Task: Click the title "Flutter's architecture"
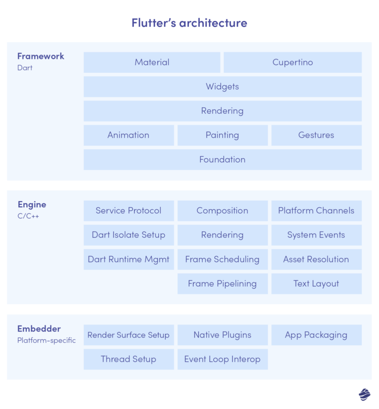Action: click(189, 23)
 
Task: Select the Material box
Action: click(152, 63)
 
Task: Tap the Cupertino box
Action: click(293, 63)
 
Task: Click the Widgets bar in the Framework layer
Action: click(222, 87)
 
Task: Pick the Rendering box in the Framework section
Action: click(222, 111)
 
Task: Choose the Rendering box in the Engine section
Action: click(222, 235)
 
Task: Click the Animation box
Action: click(128, 135)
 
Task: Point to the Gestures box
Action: click(316, 135)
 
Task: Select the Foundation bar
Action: click(222, 160)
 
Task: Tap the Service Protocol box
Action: click(128, 211)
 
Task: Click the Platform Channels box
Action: click(316, 211)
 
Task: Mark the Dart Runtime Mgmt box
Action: click(128, 259)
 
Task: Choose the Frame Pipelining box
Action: click(222, 284)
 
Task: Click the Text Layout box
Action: click(316, 284)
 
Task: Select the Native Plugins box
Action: click(222, 335)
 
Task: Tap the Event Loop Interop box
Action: click(222, 359)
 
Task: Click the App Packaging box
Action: click(316, 335)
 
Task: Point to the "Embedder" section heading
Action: click(39, 329)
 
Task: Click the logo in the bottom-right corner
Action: click(364, 394)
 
